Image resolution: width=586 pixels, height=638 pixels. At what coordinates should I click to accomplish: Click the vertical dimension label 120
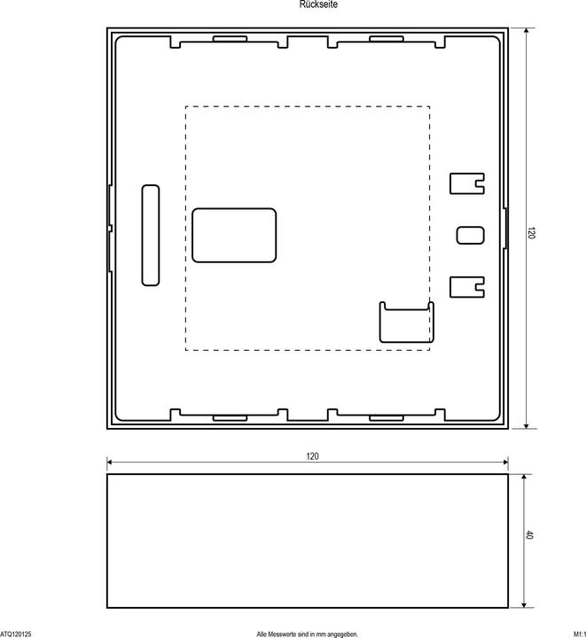point(532,233)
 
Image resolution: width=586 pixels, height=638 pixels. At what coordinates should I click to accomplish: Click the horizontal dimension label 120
point(312,455)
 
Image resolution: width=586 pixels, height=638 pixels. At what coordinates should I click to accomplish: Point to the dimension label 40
point(530,536)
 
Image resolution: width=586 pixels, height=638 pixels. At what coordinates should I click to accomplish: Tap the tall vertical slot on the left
point(151,235)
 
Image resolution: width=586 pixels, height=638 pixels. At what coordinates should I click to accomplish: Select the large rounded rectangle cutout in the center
point(234,235)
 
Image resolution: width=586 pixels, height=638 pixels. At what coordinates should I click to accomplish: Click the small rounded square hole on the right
point(471,235)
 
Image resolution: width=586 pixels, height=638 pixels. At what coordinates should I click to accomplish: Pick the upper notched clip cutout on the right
point(467,183)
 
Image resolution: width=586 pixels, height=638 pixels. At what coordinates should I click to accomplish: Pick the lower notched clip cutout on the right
point(467,286)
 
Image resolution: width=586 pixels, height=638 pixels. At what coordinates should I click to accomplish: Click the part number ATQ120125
point(16,634)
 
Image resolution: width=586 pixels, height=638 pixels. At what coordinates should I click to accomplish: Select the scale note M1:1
point(577,634)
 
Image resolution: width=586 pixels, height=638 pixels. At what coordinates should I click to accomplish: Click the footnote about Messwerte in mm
point(307,634)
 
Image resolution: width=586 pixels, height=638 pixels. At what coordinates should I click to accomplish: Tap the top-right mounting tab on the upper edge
point(386,39)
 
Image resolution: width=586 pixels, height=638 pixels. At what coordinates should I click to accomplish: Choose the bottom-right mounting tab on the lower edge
point(386,415)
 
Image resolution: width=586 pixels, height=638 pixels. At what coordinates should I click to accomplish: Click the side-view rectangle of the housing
point(307,541)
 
